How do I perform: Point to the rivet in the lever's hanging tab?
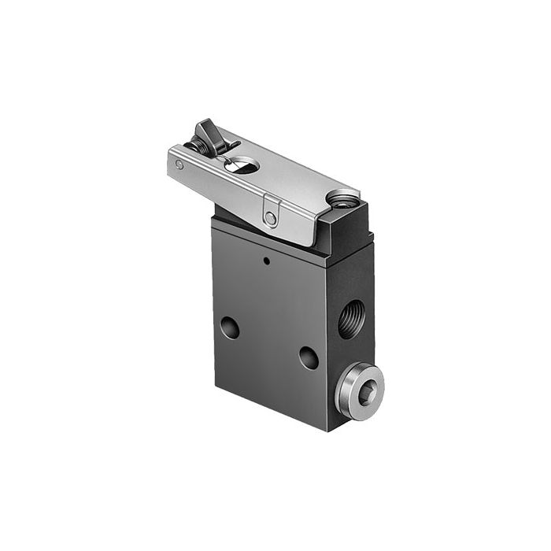(270, 216)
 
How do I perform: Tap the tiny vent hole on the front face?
(267, 260)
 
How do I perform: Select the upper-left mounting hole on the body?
(230, 327)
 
